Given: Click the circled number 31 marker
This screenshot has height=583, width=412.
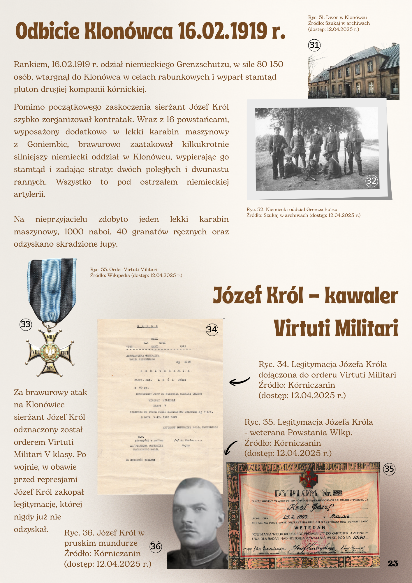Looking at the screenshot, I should [314, 45].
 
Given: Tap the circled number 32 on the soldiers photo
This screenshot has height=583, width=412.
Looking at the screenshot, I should [371, 181].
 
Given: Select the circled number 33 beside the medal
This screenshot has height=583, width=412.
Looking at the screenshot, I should [26, 324].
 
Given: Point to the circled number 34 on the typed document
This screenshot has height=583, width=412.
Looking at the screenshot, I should [212, 329].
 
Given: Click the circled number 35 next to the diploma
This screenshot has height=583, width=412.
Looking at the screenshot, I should [389, 469].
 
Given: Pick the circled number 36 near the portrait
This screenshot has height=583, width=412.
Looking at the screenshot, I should [156, 546].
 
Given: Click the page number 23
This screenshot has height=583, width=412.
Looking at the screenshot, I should [393, 563].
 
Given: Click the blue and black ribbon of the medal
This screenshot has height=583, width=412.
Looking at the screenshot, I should [52, 289].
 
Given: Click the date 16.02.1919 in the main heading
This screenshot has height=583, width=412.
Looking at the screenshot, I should [223, 31].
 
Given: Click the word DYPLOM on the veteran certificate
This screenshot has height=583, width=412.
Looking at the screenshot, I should [296, 493].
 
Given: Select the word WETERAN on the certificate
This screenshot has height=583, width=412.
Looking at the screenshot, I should [310, 528].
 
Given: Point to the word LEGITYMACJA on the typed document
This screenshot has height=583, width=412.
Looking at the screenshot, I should [165, 371].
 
